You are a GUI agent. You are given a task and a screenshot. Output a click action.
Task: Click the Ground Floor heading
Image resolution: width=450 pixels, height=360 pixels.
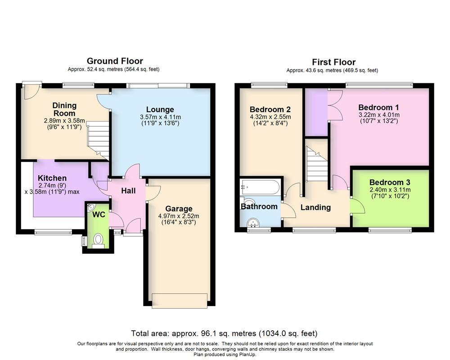click(x=115, y=61)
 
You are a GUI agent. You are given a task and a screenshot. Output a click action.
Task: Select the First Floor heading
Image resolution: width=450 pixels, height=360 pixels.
click(x=334, y=62)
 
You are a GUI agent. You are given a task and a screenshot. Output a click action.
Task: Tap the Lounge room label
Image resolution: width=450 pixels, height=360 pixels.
click(x=160, y=109)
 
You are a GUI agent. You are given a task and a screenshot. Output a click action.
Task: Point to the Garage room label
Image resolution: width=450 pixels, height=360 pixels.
click(x=179, y=209)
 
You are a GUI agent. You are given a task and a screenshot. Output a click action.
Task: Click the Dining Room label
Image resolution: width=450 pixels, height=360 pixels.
click(x=64, y=109)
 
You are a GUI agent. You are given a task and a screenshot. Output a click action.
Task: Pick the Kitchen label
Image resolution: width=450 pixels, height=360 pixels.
click(x=52, y=178)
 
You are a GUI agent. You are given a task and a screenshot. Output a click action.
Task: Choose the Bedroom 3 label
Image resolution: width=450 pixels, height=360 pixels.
click(x=390, y=182)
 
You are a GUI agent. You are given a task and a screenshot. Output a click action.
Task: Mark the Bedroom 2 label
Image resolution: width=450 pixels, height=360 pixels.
click(x=270, y=109)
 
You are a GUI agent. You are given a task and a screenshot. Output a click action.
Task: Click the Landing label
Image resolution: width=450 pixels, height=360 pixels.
click(x=316, y=207)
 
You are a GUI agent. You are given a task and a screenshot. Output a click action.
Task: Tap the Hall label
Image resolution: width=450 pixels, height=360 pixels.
click(x=128, y=191)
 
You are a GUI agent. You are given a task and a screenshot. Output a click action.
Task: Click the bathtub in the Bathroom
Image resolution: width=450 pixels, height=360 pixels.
click(x=260, y=187)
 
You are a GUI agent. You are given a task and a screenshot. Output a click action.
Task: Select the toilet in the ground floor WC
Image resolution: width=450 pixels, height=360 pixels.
click(x=99, y=241)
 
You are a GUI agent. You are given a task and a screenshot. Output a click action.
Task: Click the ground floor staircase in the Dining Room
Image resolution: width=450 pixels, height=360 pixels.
click(x=98, y=140)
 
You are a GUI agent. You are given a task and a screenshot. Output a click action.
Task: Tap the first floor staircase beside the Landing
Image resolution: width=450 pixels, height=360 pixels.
click(x=317, y=164)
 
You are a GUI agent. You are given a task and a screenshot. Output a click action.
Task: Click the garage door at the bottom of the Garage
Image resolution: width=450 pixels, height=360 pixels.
click(x=180, y=301)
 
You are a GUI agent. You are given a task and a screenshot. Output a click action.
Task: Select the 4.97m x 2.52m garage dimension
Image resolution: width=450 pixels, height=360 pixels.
click(x=179, y=216)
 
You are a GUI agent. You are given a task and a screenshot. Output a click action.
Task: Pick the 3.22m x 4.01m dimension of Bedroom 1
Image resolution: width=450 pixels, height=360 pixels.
click(x=379, y=115)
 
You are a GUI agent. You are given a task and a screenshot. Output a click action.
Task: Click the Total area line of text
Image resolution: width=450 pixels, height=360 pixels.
click(x=225, y=333)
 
